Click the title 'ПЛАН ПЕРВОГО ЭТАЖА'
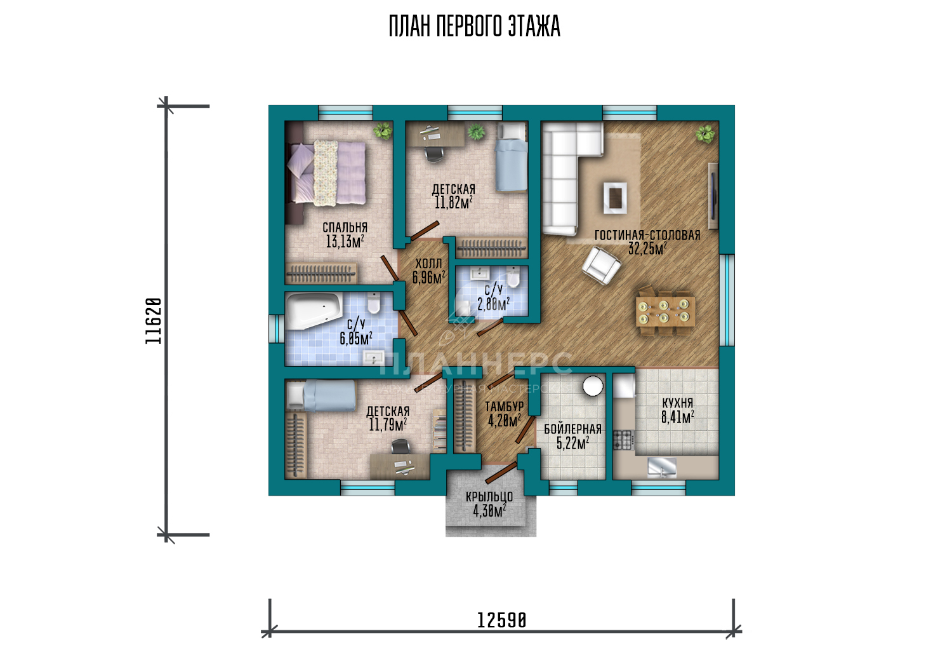pyautogui.click(x=475, y=26)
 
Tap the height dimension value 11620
pyautogui.click(x=154, y=321)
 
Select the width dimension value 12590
pyautogui.click(x=501, y=621)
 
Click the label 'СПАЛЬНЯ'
pyautogui.click(x=345, y=227)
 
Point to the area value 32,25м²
pyautogui.click(x=647, y=249)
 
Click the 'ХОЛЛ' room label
pyautogui.click(x=428, y=264)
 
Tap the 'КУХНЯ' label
pyautogui.click(x=677, y=403)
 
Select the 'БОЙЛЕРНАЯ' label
pyautogui.click(x=573, y=429)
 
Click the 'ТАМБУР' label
pyautogui.click(x=505, y=407)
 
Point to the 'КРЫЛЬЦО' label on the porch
pyautogui.click(x=489, y=497)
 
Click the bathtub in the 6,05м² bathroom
pyautogui.click(x=314, y=311)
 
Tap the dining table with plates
pyautogui.click(x=665, y=311)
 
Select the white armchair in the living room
pyautogui.click(x=601, y=266)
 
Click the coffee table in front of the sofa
pyautogui.click(x=615, y=198)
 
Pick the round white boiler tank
pyautogui.click(x=593, y=386)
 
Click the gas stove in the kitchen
pyautogui.click(x=623, y=440)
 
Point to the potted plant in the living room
pyautogui.click(x=705, y=134)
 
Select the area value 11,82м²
pyautogui.click(x=454, y=203)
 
